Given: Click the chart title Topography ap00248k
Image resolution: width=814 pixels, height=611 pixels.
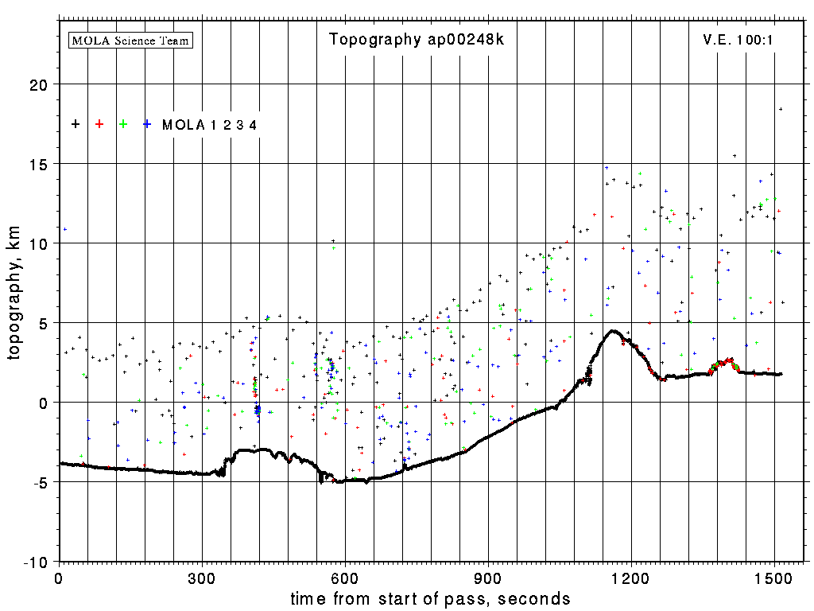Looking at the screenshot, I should [x=417, y=40].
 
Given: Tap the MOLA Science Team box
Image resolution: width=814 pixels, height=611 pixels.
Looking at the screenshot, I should [x=131, y=40].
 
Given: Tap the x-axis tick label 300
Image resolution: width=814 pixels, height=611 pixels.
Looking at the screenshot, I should [x=202, y=576].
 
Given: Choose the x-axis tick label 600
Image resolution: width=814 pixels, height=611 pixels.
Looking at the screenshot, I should [x=345, y=576].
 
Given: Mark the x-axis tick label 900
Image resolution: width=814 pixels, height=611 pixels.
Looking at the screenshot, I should [x=488, y=576].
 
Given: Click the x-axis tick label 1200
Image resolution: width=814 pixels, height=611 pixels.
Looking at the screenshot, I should [x=631, y=576].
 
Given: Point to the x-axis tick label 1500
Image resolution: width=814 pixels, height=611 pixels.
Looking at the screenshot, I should [x=774, y=576].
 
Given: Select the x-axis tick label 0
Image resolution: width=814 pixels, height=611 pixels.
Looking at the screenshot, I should [x=59, y=576].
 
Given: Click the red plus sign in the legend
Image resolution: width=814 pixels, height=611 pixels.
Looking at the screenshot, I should [x=99, y=124].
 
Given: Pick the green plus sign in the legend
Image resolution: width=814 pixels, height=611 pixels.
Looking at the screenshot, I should [x=123, y=124].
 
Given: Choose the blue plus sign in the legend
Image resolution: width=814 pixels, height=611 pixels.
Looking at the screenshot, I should [x=147, y=124].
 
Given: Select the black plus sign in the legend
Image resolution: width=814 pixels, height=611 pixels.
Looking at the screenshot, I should [x=76, y=124].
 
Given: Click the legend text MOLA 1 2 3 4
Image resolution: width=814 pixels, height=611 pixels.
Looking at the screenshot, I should [x=209, y=125].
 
